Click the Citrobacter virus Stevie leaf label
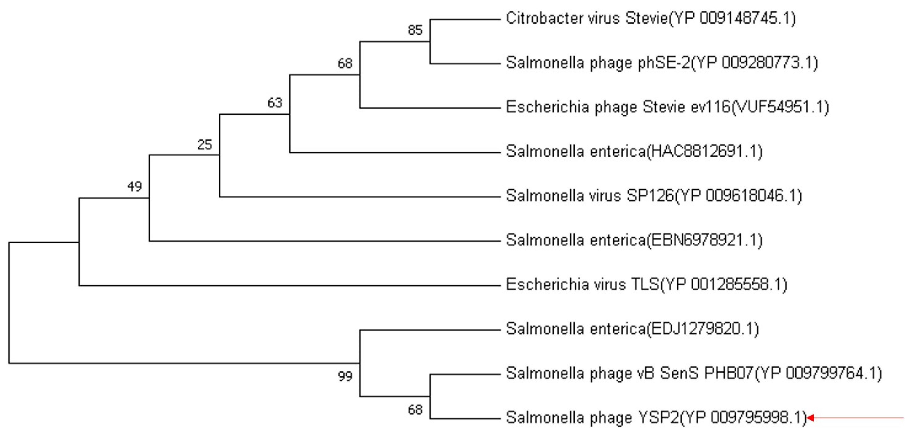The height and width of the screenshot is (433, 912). click(651, 18)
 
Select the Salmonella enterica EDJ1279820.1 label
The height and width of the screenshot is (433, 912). click(632, 329)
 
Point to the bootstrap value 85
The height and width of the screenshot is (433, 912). click(415, 30)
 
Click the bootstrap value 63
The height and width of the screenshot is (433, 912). click(275, 103)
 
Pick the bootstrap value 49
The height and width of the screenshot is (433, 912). click(135, 186)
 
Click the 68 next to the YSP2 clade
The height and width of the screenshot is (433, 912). click(415, 410)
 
